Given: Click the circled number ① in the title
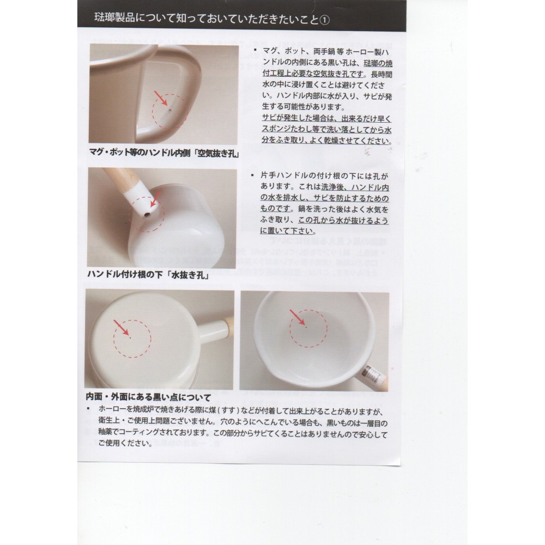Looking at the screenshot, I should tap(325, 19).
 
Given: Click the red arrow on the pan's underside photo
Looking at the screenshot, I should tap(122, 328).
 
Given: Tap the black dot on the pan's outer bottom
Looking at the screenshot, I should tap(130, 338).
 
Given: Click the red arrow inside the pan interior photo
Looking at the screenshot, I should tap(297, 317).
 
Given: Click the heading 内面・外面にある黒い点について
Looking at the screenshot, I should tap(148, 398).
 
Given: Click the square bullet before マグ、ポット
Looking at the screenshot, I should tap(254, 50).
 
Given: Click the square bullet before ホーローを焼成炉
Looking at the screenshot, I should tap(88, 409).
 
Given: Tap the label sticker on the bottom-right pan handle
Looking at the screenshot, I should tap(374, 374).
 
